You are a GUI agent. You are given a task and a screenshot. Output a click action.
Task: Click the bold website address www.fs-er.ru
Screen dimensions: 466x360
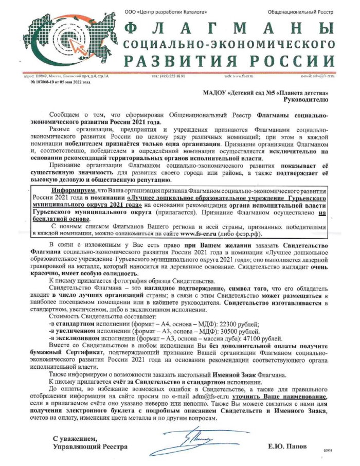coord(196,234)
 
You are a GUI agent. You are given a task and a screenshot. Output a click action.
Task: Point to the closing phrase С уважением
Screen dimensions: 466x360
coord(75,438)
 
